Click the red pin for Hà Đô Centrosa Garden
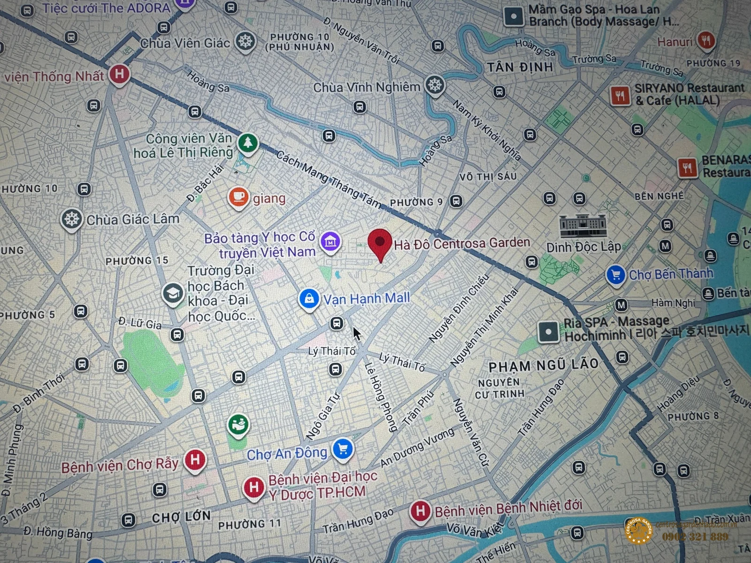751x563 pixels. (x=380, y=243)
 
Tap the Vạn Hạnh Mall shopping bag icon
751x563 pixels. (x=309, y=298)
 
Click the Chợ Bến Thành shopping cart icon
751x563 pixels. (x=616, y=275)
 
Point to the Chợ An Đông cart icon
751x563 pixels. (x=343, y=449)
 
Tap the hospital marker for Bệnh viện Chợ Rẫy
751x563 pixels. (x=195, y=460)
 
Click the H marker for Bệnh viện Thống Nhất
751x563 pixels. (x=119, y=74)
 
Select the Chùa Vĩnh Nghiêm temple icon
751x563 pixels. (x=435, y=85)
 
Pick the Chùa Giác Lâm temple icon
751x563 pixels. (x=71, y=219)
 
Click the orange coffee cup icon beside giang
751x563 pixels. (x=238, y=197)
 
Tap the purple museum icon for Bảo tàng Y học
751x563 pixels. (x=330, y=242)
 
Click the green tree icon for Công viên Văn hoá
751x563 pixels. (x=248, y=142)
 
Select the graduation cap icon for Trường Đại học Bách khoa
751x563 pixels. (x=173, y=294)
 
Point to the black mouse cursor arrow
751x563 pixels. (x=357, y=334)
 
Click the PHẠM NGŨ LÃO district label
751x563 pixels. (x=543, y=365)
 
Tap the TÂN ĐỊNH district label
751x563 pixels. (x=520, y=68)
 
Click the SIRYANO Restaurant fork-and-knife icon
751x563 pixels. (x=620, y=96)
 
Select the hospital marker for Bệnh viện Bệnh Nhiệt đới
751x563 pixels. (x=420, y=511)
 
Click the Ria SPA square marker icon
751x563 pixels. (x=548, y=332)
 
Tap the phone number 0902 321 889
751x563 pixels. (x=695, y=536)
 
